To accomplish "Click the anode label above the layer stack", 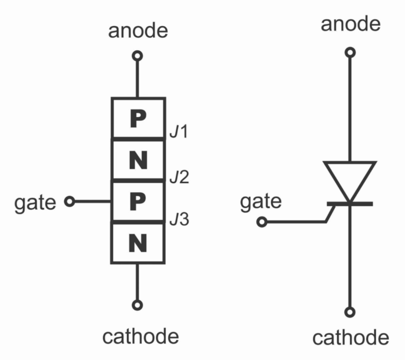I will click(x=138, y=31).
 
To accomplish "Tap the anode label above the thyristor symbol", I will click(x=351, y=24).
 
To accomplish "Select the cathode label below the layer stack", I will click(x=141, y=337).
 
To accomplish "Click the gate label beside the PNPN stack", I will click(x=35, y=202).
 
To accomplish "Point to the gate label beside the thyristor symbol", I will click(x=261, y=201).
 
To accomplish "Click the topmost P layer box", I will click(x=138, y=119).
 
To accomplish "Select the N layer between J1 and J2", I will click(x=138, y=161).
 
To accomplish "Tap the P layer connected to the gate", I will click(x=138, y=201).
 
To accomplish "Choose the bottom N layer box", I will click(x=138, y=242).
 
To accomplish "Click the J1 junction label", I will click(x=178, y=133).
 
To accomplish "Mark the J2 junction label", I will click(x=179, y=177).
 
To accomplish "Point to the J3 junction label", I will click(x=179, y=220).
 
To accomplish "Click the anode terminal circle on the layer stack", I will click(x=137, y=56).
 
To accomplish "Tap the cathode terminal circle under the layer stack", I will click(x=137, y=305).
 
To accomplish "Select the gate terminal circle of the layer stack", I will click(x=69, y=201).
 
